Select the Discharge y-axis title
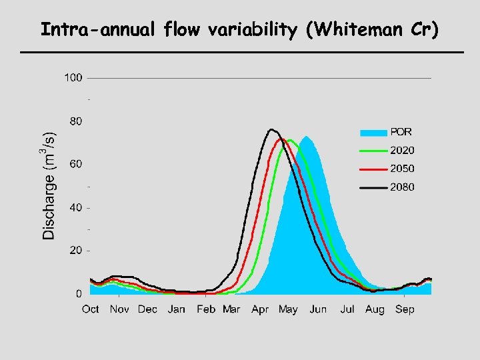coord(49,185)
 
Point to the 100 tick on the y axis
coord(73,78)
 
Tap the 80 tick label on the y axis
coord(75,121)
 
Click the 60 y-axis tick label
coord(75,164)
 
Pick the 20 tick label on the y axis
coord(75,250)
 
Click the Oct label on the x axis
coord(91,309)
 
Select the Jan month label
coord(176,309)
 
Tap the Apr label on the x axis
coord(260,309)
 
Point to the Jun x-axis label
coord(318,309)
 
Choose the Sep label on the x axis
coord(404,309)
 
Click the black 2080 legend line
coord(373,188)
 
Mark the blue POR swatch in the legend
coord(373,132)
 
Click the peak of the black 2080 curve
coord(271,129)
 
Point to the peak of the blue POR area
coord(307,137)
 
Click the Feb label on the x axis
coord(206,309)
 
